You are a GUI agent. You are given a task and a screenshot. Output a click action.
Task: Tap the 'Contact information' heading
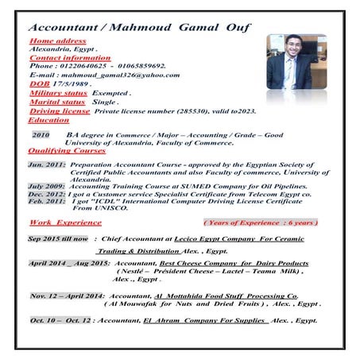point(69,57)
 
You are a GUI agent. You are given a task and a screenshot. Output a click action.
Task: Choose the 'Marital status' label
point(56,103)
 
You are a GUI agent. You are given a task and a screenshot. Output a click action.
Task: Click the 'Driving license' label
point(60,111)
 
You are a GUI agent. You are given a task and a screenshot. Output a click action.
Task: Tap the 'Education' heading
point(48,120)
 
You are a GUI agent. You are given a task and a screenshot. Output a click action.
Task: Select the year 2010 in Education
point(41,135)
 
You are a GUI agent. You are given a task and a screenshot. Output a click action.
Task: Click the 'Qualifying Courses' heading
point(67,150)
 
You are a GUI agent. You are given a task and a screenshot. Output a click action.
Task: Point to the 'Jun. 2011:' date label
point(46,164)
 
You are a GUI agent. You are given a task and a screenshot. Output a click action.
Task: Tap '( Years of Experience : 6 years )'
point(261,224)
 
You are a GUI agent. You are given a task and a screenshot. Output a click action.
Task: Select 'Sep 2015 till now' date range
point(60,238)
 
